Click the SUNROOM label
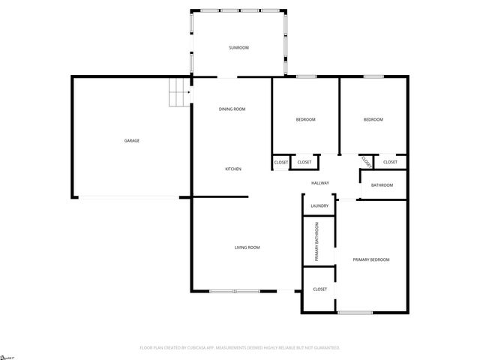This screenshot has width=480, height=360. point(238,48)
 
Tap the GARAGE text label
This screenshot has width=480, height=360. point(132,140)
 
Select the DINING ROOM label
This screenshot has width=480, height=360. point(232,109)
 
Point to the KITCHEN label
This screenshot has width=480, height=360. point(233,169)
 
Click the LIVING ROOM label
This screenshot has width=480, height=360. point(247,247)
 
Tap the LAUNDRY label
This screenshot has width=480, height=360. point(319,205)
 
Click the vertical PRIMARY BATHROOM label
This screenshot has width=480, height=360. point(317,241)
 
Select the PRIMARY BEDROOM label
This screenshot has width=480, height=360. point(371,259)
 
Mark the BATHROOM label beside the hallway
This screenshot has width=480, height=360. point(382,185)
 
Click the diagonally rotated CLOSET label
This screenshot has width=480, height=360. point(366,160)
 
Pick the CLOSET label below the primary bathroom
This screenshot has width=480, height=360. point(319,289)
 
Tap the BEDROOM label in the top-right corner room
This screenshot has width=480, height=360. point(373,120)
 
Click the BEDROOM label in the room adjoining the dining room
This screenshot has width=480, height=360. point(305,120)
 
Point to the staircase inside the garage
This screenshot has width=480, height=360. point(179,93)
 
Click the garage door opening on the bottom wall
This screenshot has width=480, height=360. point(128,198)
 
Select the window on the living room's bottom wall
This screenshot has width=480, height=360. point(234,291)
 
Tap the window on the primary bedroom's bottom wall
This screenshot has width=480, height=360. point(355,312)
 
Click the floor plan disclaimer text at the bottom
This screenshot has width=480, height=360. point(240,348)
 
